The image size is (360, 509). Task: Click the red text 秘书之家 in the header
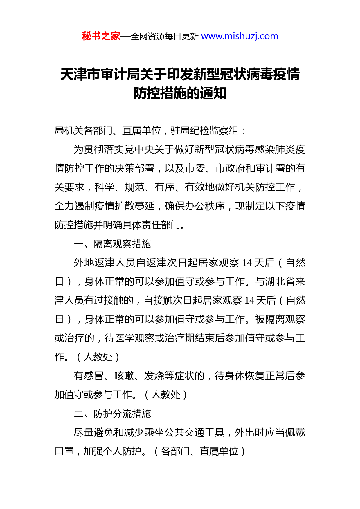(x=101, y=36)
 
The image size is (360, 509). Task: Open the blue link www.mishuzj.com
(x=240, y=36)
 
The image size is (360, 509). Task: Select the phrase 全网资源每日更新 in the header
(x=165, y=37)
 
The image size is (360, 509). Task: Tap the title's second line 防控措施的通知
(x=180, y=93)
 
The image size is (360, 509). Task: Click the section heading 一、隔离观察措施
(x=112, y=244)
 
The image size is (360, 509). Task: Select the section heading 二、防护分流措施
(x=112, y=414)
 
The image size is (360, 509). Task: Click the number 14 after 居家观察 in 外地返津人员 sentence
(x=247, y=263)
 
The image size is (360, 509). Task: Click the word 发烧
(x=154, y=376)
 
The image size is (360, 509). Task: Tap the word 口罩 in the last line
(x=64, y=452)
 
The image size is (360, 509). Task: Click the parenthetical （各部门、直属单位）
(x=199, y=452)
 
